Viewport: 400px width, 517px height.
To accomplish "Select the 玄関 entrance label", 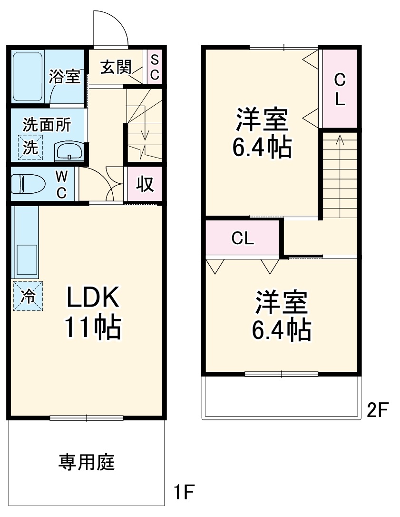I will tap(116, 68).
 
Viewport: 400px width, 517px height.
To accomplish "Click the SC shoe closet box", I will tap(155, 67).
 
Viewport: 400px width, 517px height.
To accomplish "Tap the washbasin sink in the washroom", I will tap(69, 151).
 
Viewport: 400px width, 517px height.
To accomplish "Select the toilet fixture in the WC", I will tap(28, 184).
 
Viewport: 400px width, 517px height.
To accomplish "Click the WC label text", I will tap(61, 184).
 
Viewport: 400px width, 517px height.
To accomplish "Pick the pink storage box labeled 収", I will tap(146, 184).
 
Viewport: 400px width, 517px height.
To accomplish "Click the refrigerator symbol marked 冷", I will tap(28, 296).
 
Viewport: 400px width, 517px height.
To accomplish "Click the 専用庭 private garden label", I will tap(87, 461).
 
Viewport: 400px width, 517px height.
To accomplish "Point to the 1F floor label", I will tap(184, 491).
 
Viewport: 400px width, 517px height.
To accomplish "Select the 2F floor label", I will tap(378, 409).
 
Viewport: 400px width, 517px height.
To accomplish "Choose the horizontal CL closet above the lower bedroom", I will tap(243, 239).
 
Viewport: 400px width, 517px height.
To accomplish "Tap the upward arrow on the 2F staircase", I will tap(340, 139).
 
